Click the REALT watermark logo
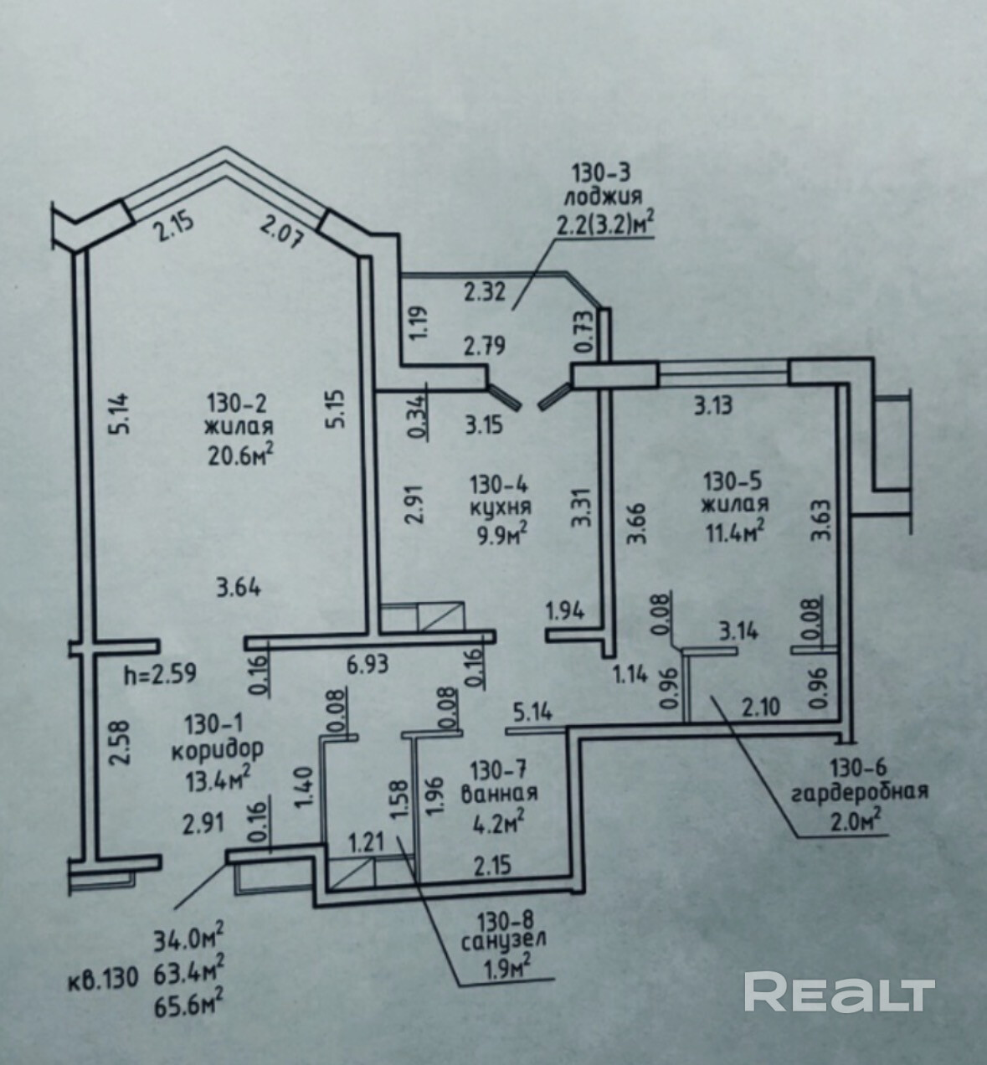pos(839,992)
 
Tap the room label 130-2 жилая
pos(238,415)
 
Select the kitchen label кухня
pos(501,507)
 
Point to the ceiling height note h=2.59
pos(159,674)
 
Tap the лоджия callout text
pos(602,197)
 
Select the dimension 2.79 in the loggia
pos(485,345)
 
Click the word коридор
pos(217,748)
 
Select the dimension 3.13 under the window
pos(712,406)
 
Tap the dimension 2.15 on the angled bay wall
pos(173,226)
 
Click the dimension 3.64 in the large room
pos(239,588)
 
